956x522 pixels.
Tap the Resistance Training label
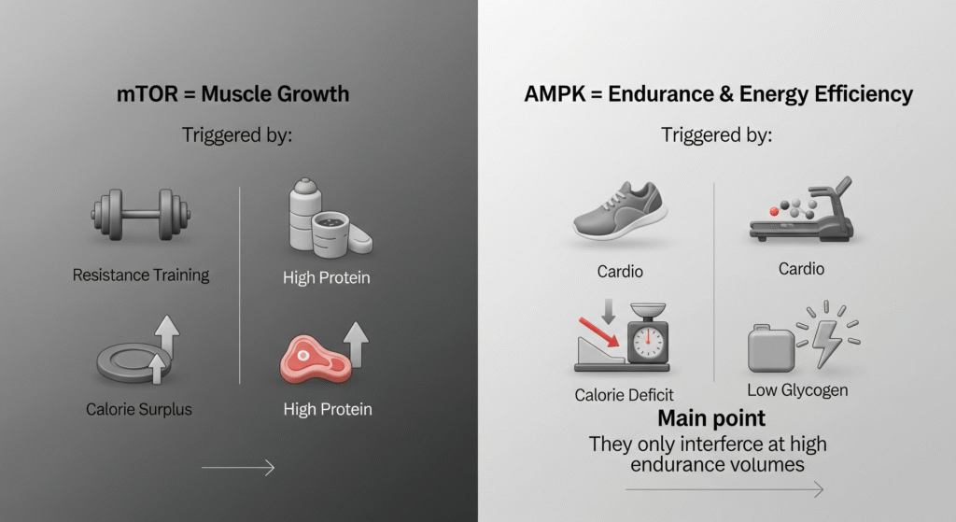click(140, 275)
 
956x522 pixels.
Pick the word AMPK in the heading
click(554, 95)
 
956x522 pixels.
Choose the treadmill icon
click(801, 213)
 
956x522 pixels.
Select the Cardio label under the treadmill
click(801, 269)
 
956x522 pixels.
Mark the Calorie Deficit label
click(624, 395)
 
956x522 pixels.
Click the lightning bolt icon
click(826, 339)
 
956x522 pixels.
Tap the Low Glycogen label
click(797, 390)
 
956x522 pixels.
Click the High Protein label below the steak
click(327, 409)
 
